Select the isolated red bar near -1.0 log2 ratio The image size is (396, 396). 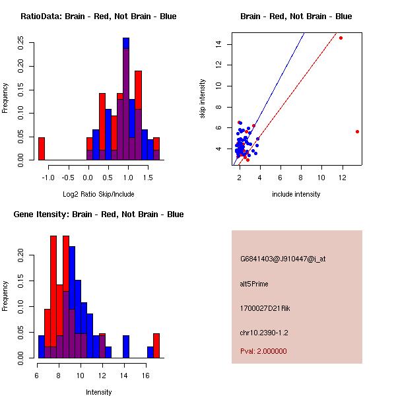(41, 148)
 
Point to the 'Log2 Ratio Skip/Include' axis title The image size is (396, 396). (98, 194)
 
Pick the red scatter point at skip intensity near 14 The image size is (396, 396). (341, 38)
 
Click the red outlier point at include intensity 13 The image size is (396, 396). (357, 131)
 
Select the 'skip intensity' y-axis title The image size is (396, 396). (203, 99)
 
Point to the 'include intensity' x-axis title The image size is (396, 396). (296, 194)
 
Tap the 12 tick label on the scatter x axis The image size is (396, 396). (321, 178)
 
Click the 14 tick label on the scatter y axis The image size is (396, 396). (218, 44)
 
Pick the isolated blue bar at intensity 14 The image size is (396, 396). (125, 346)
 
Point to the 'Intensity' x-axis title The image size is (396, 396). (98, 392)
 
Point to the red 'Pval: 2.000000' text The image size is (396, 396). (263, 351)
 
